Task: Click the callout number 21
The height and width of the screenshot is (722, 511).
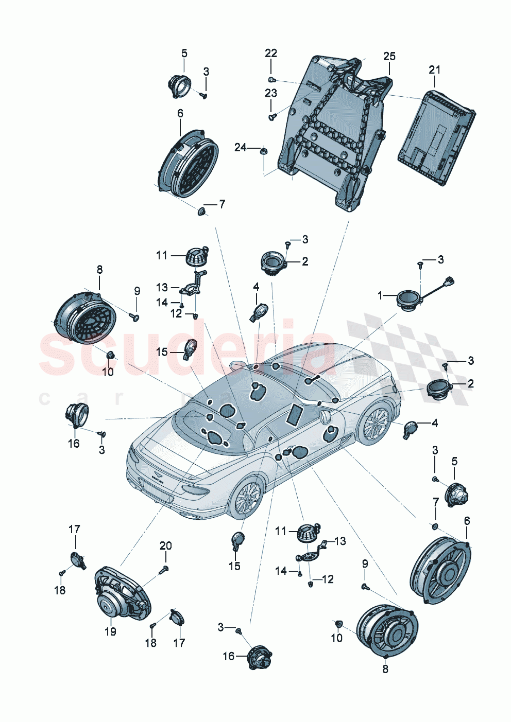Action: (435, 69)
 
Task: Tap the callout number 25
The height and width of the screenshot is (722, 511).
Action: (389, 56)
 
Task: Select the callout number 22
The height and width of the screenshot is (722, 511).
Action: (271, 53)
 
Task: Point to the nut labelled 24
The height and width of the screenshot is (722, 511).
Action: (263, 151)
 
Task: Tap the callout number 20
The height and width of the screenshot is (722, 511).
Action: (165, 545)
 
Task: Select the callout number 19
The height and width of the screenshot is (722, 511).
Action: (110, 631)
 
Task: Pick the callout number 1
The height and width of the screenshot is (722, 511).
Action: (380, 295)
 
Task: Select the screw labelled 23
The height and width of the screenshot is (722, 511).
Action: (271, 117)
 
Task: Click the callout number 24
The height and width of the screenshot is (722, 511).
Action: (241, 148)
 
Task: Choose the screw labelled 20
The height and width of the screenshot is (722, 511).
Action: (165, 569)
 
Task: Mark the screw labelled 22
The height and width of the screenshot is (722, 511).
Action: (271, 79)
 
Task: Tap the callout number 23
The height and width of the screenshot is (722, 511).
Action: (271, 93)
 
